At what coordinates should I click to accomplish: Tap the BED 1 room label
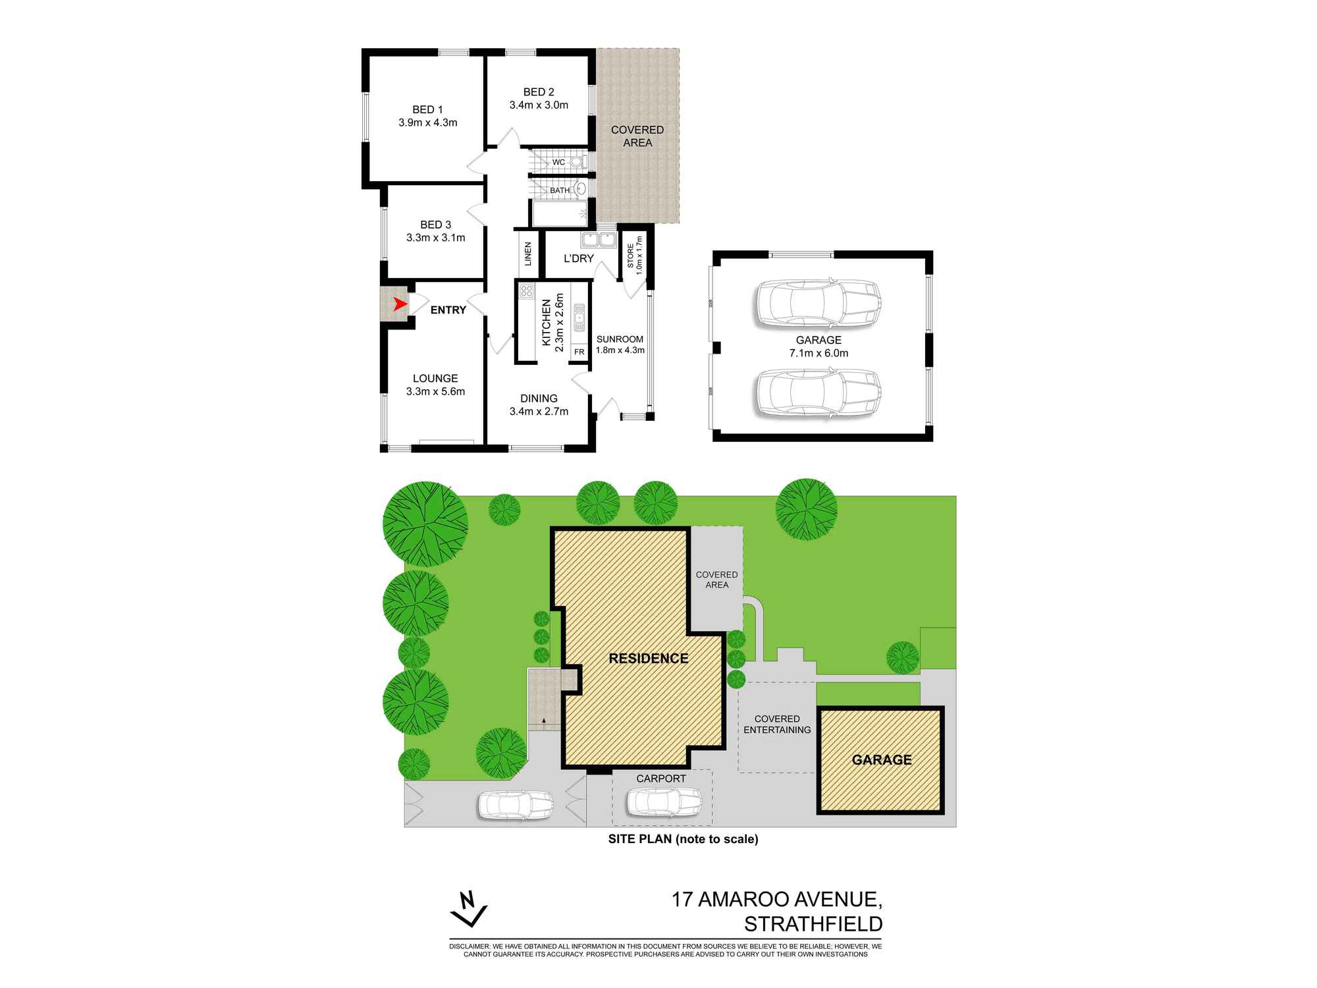coord(427,109)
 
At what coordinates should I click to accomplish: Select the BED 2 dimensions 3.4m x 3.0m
coord(539,105)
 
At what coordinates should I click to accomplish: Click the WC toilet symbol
coord(576,161)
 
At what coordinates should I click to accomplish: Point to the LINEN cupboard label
coord(528,254)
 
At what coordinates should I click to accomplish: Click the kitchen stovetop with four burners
coord(525,292)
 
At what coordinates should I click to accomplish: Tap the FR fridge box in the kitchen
coord(579,352)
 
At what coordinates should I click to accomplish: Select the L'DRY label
coord(579,258)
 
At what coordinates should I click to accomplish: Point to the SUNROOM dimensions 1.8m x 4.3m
coord(620,350)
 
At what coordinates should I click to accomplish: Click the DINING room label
coord(539,398)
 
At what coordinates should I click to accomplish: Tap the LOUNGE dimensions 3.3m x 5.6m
coord(435,391)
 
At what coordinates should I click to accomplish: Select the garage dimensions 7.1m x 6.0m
coord(819,353)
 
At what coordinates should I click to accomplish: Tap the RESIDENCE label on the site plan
coord(649,658)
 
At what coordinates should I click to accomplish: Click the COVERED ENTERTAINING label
coord(777,724)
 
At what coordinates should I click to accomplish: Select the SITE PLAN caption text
coord(683,839)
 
